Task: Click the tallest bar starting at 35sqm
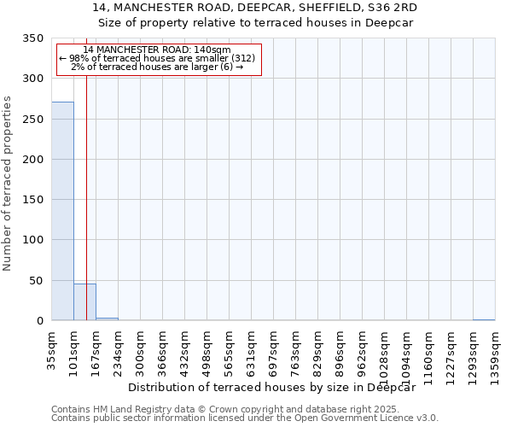pos(62,211)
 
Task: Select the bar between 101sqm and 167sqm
pos(84,302)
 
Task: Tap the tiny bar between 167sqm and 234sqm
pos(107,319)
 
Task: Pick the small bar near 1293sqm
pos(484,319)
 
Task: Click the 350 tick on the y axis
pos(33,38)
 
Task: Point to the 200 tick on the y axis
pos(33,160)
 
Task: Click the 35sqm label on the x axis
pos(52,347)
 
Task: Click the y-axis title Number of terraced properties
pos(9,184)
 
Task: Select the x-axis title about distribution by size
pos(276,387)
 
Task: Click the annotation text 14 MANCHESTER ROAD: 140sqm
pos(157,50)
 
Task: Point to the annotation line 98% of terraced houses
pos(157,58)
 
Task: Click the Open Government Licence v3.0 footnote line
pos(245,418)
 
